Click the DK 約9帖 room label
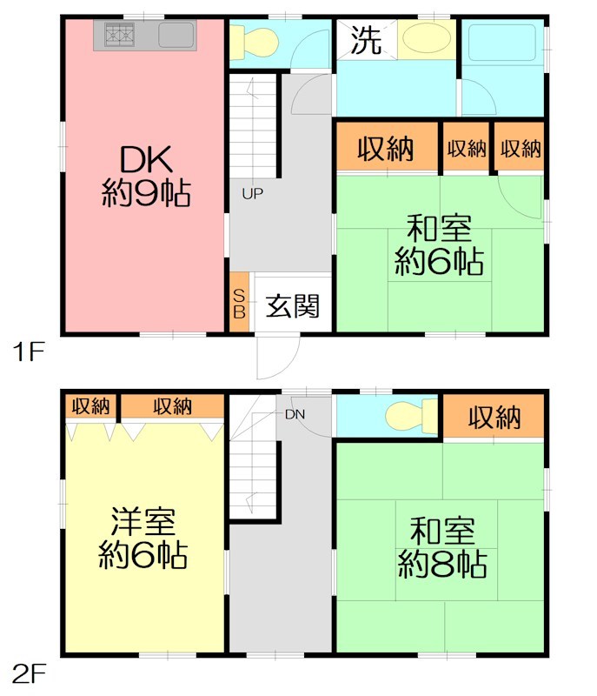click(x=144, y=175)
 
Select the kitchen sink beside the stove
click(x=176, y=36)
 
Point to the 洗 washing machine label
click(x=366, y=41)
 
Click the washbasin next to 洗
click(x=423, y=39)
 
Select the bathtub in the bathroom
click(x=502, y=43)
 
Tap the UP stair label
click(x=253, y=193)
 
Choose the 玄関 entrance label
click(x=293, y=305)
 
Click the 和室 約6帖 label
click(x=440, y=245)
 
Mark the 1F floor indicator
click(x=27, y=352)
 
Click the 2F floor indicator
click(x=29, y=674)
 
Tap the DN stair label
click(x=295, y=414)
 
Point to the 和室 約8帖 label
click(x=441, y=546)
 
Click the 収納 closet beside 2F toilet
click(x=494, y=418)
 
